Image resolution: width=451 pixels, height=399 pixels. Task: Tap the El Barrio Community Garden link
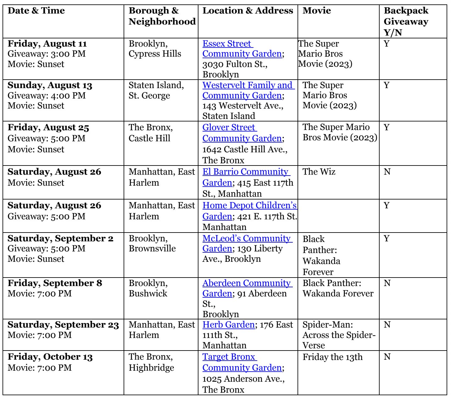tap(245, 172)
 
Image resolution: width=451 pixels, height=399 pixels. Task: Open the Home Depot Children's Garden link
tap(249, 205)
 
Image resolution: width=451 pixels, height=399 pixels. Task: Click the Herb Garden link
tap(228, 325)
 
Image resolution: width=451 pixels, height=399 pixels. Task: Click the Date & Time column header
tap(36, 11)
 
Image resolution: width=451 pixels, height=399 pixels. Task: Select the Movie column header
tap(317, 11)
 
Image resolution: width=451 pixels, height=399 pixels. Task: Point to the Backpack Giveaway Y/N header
tap(406, 21)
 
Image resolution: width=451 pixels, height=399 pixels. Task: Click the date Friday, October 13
tap(50, 357)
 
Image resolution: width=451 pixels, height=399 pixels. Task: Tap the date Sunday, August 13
tap(50, 85)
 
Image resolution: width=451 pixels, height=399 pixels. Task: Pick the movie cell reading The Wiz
tap(319, 172)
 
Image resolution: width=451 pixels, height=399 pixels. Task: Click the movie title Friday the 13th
tap(332, 357)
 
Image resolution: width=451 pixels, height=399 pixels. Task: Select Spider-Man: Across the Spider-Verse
tap(339, 335)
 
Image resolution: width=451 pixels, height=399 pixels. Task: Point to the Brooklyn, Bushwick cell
tap(148, 288)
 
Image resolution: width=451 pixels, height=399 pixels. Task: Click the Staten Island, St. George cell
tap(156, 90)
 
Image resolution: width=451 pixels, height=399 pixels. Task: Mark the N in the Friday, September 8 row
tap(387, 283)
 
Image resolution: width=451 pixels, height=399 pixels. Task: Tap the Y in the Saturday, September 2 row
tap(387, 239)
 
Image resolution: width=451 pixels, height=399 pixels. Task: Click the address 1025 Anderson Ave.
tap(243, 379)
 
